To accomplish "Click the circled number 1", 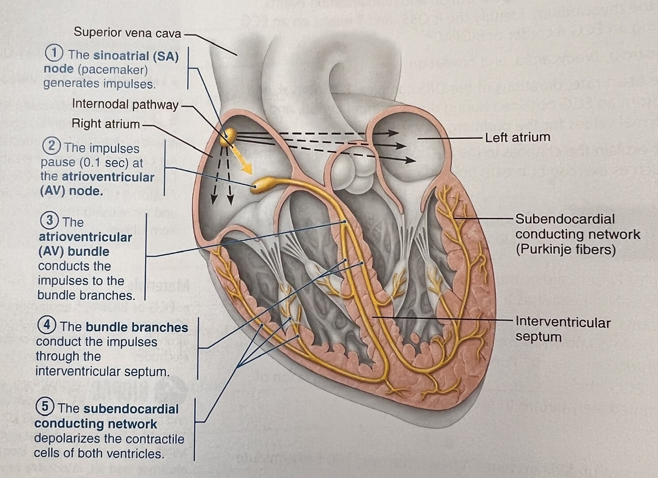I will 54,53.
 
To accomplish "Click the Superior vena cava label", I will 127,33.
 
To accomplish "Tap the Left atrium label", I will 517,137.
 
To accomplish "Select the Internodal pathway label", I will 125,104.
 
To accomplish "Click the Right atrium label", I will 106,123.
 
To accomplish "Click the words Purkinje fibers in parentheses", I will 566,249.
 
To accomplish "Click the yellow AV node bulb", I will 261,186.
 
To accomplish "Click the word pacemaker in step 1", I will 112,69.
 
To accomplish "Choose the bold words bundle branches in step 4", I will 137,327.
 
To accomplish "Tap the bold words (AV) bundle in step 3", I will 73,251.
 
